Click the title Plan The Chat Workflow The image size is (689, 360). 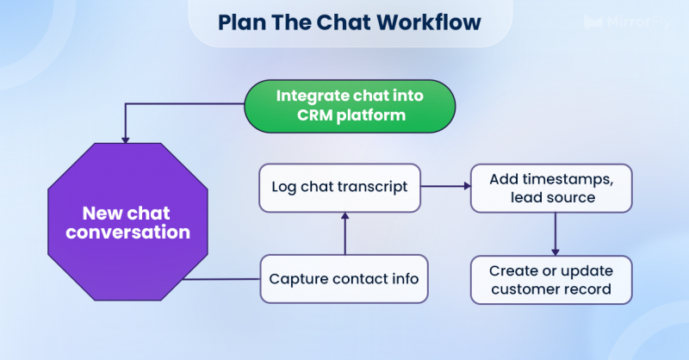(x=349, y=22)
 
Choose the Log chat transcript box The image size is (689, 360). (x=340, y=186)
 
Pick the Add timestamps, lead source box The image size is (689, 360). (x=551, y=189)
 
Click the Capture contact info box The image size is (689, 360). (x=344, y=278)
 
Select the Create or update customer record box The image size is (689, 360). (x=551, y=279)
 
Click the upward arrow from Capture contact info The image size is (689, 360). (x=344, y=232)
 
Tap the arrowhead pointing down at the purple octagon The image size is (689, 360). (x=127, y=138)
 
